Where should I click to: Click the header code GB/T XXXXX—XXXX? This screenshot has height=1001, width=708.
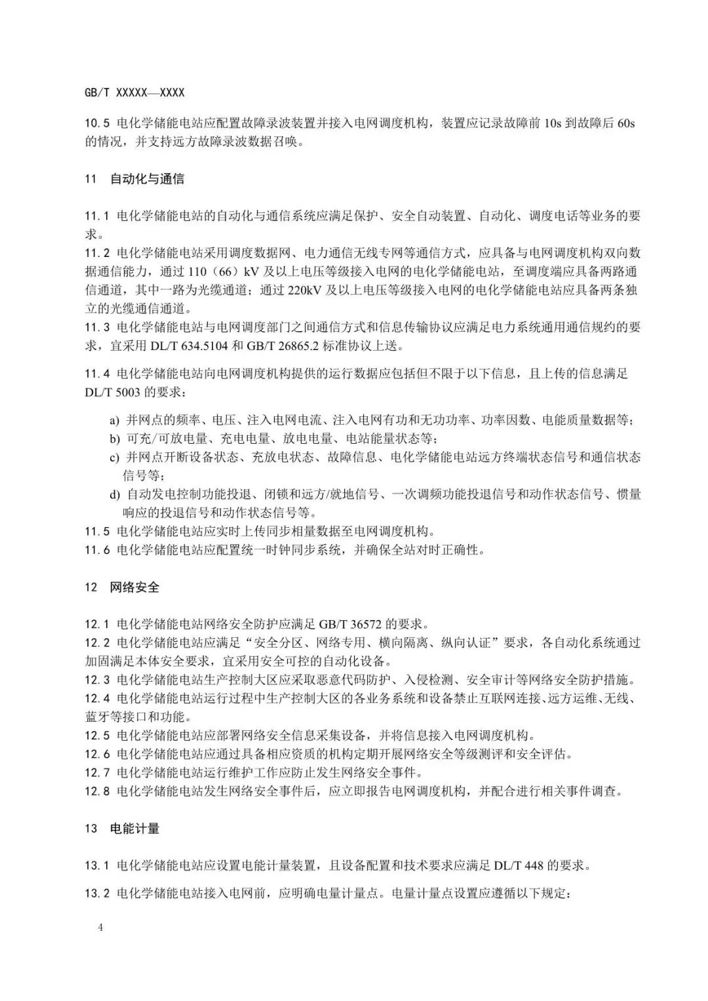(134, 93)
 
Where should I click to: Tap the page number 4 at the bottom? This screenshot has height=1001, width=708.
(100, 928)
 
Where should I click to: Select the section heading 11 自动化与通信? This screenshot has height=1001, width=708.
(134, 179)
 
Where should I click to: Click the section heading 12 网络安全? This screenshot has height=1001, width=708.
(122, 587)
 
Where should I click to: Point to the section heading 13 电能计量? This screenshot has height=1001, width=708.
(122, 829)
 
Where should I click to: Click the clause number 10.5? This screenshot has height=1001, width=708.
(97, 123)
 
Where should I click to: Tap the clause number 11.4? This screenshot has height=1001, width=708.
(97, 374)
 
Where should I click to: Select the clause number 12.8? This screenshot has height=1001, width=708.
(97, 791)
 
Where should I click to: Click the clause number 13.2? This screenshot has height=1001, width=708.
(97, 892)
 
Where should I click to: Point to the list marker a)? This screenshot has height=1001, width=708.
(115, 421)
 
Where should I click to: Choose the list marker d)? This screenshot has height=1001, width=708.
(115, 494)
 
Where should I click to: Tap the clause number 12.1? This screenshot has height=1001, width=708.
(97, 624)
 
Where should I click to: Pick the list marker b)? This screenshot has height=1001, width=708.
(115, 439)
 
